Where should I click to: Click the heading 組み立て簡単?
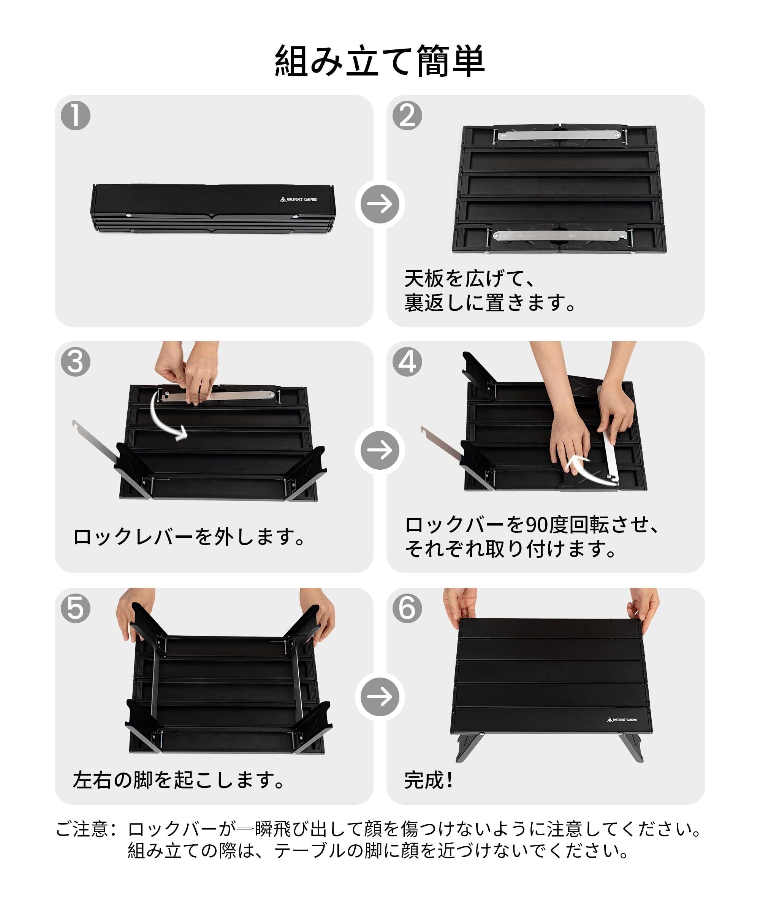(380, 61)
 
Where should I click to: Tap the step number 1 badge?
(76, 116)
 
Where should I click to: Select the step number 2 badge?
(407, 116)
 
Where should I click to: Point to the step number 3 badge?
(76, 362)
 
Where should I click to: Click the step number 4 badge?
(407, 362)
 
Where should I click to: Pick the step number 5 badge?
(76, 608)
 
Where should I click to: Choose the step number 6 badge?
(407, 608)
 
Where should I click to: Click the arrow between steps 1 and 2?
(380, 204)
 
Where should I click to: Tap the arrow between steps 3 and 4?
(380, 450)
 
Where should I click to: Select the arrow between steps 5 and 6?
(380, 697)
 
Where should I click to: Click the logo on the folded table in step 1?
(298, 199)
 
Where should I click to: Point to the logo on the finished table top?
(622, 720)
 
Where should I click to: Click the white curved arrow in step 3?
(165, 417)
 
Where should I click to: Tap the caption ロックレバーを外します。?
(189, 537)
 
